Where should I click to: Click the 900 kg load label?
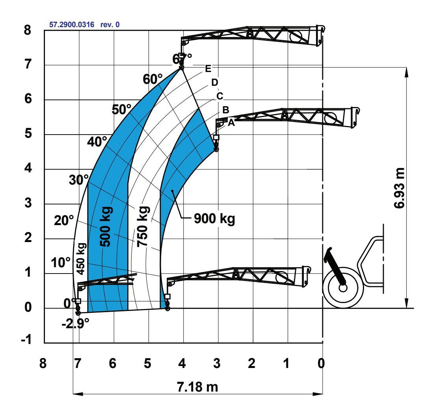click(x=214, y=219)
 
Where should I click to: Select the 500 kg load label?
click(x=106, y=226)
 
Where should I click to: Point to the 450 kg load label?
click(x=81, y=259)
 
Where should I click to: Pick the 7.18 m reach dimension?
click(x=197, y=387)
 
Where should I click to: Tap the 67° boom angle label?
click(x=182, y=59)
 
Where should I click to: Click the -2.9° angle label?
click(x=76, y=324)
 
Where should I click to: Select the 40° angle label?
click(x=97, y=142)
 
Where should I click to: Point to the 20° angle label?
click(x=64, y=221)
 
